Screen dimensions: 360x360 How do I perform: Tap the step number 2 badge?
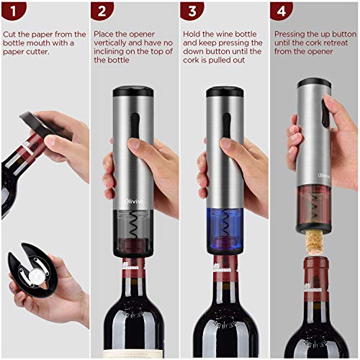click(104, 12)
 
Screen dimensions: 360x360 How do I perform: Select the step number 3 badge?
click(192, 12)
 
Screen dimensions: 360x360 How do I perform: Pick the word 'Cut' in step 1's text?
click(10, 34)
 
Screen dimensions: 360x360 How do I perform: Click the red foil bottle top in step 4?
click(315, 274)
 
